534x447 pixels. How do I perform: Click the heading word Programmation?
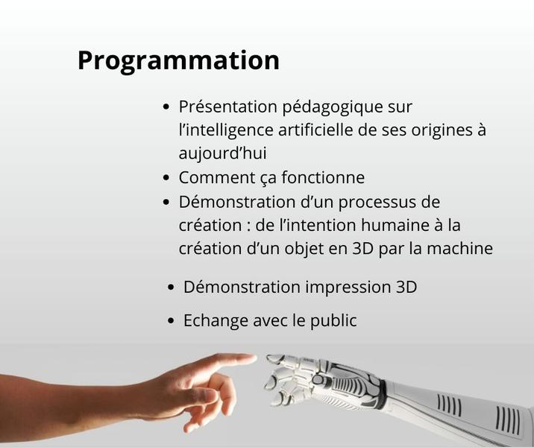pos(178,61)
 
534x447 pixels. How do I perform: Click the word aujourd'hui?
pos(222,153)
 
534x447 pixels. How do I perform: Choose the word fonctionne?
pos(323,177)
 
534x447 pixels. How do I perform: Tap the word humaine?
pos(395,225)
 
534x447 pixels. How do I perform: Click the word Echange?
pos(216,321)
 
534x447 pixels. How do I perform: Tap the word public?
pos(333,321)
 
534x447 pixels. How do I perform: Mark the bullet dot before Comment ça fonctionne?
pos(166,178)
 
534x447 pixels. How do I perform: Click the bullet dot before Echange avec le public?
pos(171,321)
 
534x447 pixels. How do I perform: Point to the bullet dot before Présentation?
pos(166,107)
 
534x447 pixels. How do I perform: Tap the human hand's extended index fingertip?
pos(254,358)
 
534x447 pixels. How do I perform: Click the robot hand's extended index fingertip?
pos(269,358)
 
